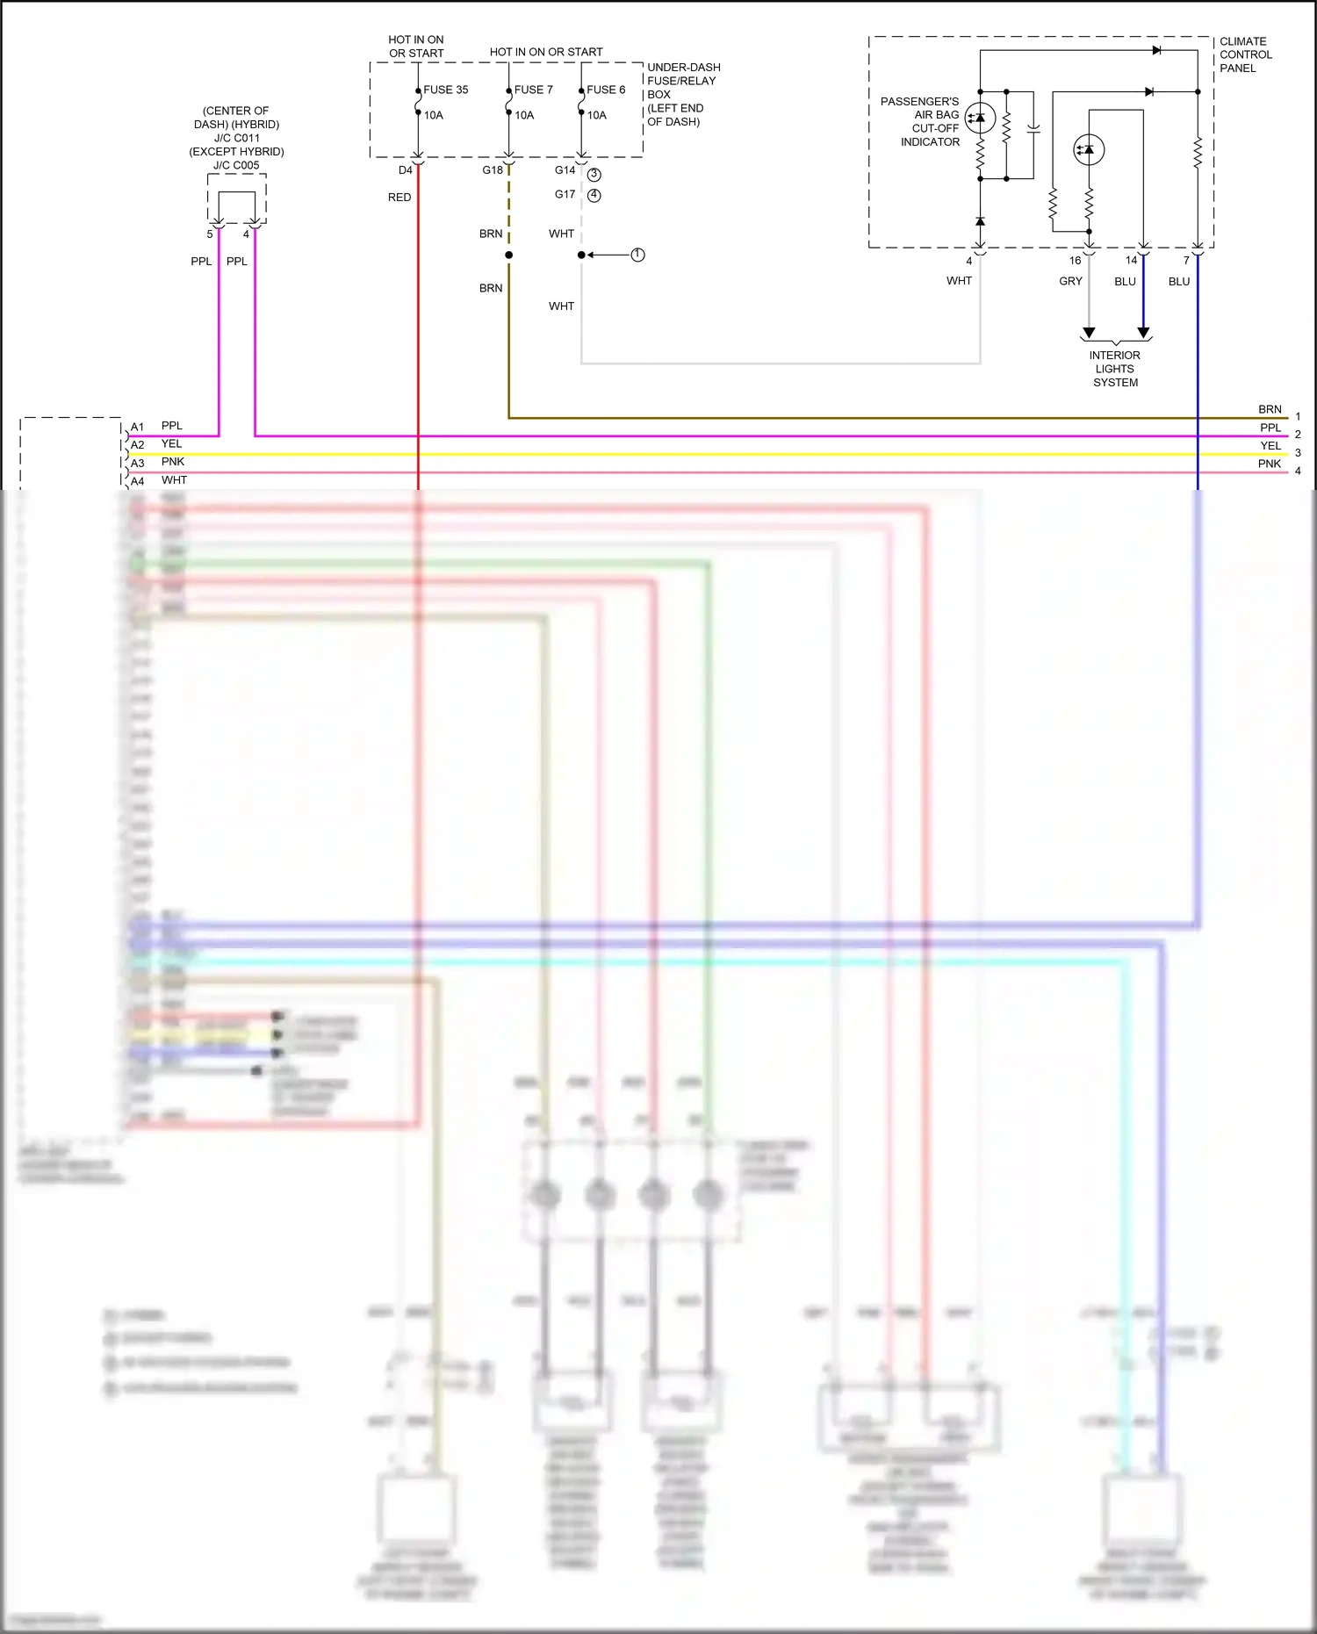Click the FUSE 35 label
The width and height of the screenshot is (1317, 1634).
tap(445, 90)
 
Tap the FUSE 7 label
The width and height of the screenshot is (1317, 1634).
tap(533, 90)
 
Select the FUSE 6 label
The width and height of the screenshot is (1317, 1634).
tap(606, 90)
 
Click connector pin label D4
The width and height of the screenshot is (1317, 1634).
tap(405, 170)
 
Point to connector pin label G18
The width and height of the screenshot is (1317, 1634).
tap(493, 170)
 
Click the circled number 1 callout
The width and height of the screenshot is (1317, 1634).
tap(638, 255)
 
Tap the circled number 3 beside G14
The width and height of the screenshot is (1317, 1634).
tap(594, 175)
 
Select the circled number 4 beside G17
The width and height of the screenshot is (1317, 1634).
tap(594, 195)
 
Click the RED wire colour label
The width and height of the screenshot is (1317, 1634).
tap(399, 198)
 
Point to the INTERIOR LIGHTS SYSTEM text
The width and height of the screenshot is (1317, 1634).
tap(1115, 369)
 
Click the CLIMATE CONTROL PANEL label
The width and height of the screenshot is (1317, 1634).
tap(1245, 54)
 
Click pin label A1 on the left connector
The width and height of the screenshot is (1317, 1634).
tap(137, 428)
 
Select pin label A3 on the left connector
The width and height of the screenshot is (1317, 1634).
tap(137, 464)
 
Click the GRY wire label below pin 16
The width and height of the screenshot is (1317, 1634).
tap(1070, 282)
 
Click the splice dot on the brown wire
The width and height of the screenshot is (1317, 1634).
tap(508, 255)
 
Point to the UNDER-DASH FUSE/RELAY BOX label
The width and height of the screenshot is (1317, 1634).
tap(683, 94)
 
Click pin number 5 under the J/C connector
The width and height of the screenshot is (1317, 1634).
tap(210, 234)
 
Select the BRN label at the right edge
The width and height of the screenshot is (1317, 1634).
tap(1270, 410)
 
